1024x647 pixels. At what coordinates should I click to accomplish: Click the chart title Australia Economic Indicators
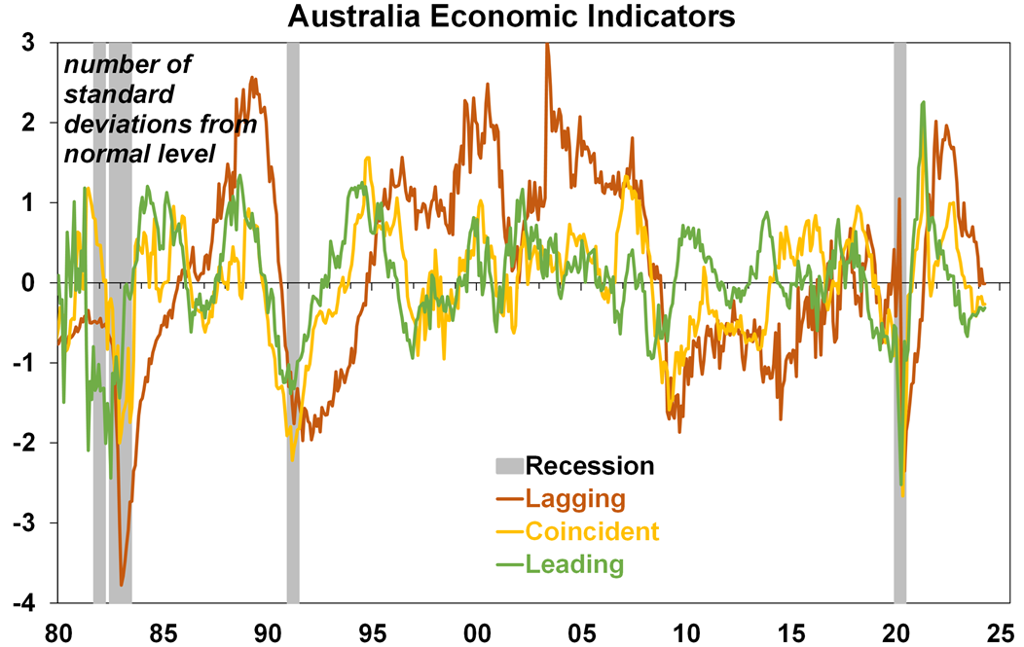tap(511, 17)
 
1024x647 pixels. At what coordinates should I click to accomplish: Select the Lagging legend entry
tap(574, 499)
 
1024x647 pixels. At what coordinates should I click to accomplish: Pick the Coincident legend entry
tap(592, 531)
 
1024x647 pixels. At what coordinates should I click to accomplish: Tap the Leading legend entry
tap(574, 563)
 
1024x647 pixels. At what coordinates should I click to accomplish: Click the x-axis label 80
tap(58, 630)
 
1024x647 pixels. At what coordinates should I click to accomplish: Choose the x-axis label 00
tap(477, 630)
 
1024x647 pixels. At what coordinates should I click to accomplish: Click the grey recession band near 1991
tap(293, 321)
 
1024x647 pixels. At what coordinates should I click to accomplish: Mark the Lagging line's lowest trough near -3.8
tap(122, 585)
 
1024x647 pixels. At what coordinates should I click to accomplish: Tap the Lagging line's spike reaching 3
tap(547, 45)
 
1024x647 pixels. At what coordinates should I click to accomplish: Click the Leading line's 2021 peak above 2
tap(922, 102)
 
